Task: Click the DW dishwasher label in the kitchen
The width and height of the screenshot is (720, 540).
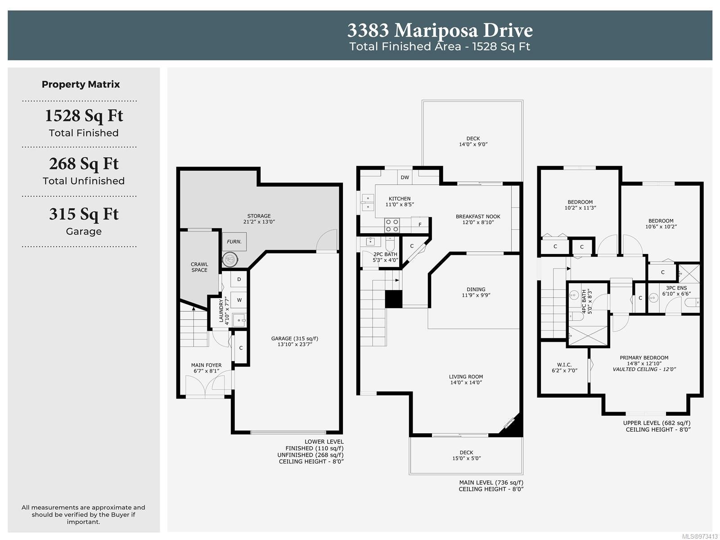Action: [x=405, y=177]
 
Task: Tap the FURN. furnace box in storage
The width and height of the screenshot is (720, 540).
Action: [x=234, y=241]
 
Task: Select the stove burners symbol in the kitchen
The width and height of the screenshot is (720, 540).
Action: [x=391, y=226]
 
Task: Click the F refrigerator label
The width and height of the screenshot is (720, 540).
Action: [x=419, y=225]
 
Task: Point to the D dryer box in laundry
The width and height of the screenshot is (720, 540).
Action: [x=239, y=279]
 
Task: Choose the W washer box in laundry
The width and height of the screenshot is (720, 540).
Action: [x=239, y=299]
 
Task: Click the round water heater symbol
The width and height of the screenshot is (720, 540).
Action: [x=230, y=259]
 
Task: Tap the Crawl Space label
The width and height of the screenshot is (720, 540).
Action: [x=199, y=267]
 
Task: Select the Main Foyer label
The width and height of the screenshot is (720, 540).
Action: [x=206, y=365]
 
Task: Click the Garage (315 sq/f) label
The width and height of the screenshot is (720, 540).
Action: [x=295, y=338]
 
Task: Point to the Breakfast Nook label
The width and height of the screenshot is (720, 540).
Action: [x=478, y=217]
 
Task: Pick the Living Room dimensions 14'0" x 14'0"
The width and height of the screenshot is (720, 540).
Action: [x=466, y=382]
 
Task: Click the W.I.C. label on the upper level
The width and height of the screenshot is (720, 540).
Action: [x=564, y=365]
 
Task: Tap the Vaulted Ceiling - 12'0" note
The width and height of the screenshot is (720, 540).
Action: [x=644, y=369]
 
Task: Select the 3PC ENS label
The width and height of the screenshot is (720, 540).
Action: [x=676, y=288]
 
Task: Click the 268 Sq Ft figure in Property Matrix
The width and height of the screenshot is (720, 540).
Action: [x=84, y=164]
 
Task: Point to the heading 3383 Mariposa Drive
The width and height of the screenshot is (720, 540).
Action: [x=440, y=31]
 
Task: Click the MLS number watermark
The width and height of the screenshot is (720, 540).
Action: [x=700, y=536]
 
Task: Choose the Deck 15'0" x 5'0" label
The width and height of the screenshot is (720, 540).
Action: [x=467, y=455]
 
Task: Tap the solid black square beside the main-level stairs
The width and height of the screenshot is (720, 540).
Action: [x=394, y=299]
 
